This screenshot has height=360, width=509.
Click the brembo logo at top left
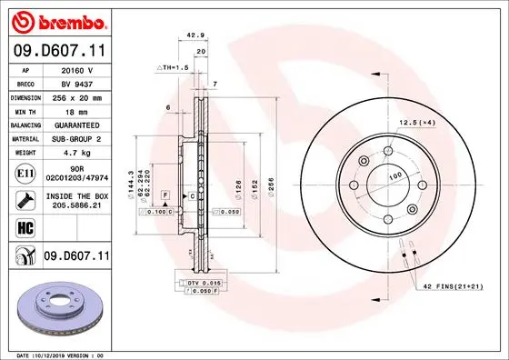[x=60, y=21]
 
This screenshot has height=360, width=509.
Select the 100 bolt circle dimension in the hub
[x=396, y=176]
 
